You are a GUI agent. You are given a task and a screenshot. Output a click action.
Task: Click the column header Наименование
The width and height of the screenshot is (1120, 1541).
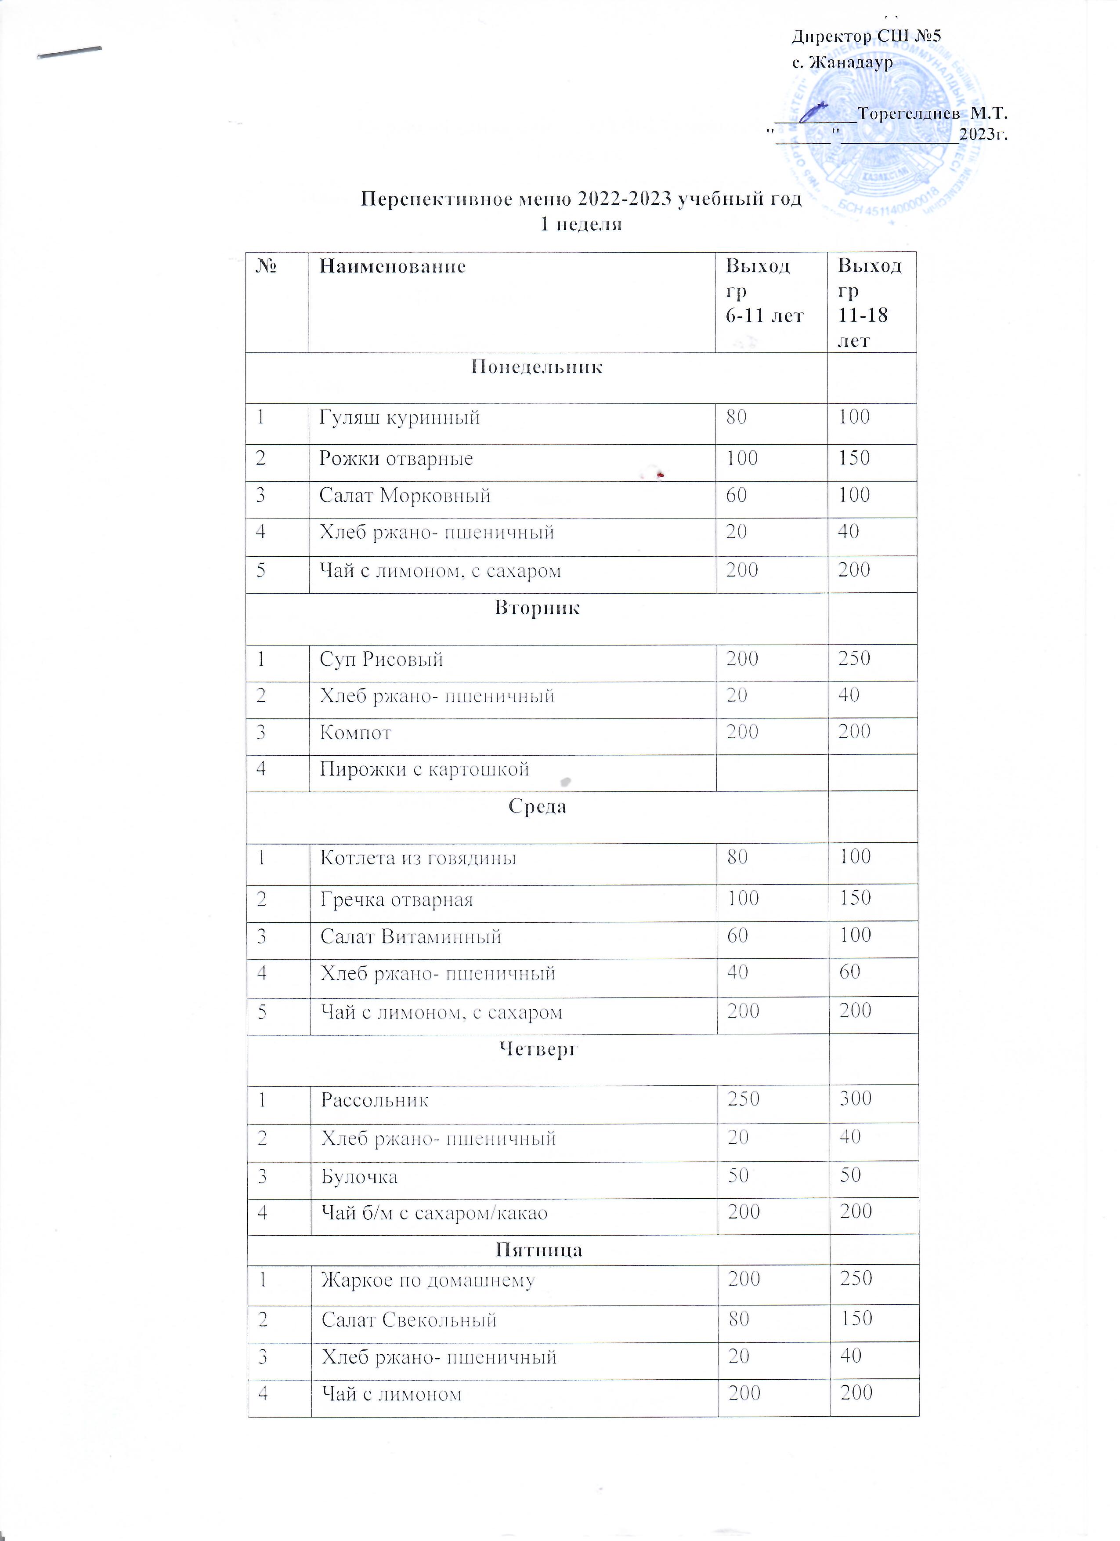pos(393,266)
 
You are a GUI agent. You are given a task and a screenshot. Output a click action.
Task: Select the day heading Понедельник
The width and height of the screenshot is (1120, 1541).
pos(537,368)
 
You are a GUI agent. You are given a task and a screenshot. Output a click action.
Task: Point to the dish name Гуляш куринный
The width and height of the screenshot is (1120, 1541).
pos(399,417)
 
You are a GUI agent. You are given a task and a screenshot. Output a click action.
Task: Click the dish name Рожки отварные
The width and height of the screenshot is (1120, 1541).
pos(396,459)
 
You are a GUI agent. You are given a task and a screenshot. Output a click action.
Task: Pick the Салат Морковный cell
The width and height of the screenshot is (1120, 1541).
pos(405,496)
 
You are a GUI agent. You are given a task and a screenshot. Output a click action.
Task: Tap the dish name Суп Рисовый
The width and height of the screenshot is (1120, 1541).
pos(381,659)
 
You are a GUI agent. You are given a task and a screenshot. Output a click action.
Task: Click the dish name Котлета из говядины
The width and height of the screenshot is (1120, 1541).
pos(419,858)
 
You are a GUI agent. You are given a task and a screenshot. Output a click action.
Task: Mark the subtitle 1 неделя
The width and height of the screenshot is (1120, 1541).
pos(581,224)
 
